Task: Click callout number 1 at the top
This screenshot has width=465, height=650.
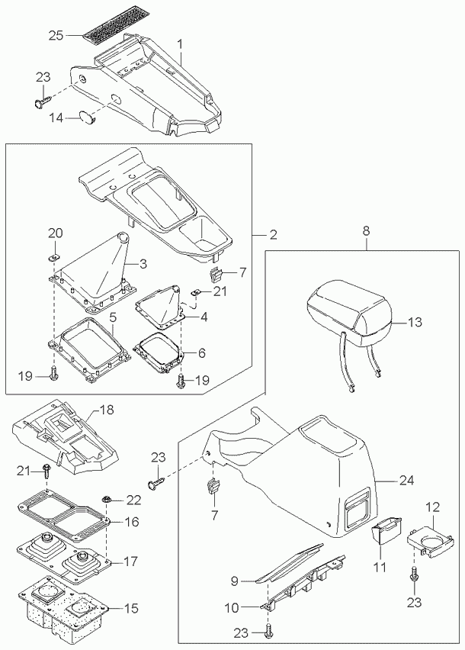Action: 181,43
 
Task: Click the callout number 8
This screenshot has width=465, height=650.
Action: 366,229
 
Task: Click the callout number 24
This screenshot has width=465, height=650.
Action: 406,481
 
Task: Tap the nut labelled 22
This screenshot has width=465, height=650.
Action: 109,500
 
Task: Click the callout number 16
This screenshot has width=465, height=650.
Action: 131,522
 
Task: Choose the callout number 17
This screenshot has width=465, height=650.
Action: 130,562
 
